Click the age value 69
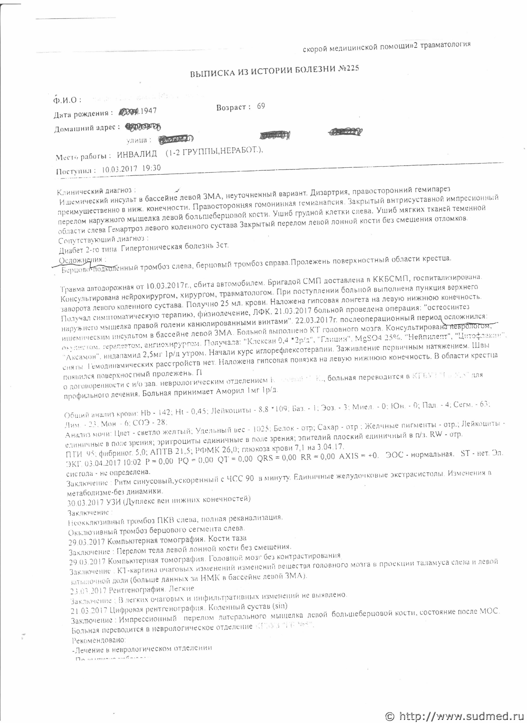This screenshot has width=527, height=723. pyautogui.click(x=261, y=107)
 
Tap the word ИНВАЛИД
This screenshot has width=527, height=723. pyautogui.click(x=137, y=155)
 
